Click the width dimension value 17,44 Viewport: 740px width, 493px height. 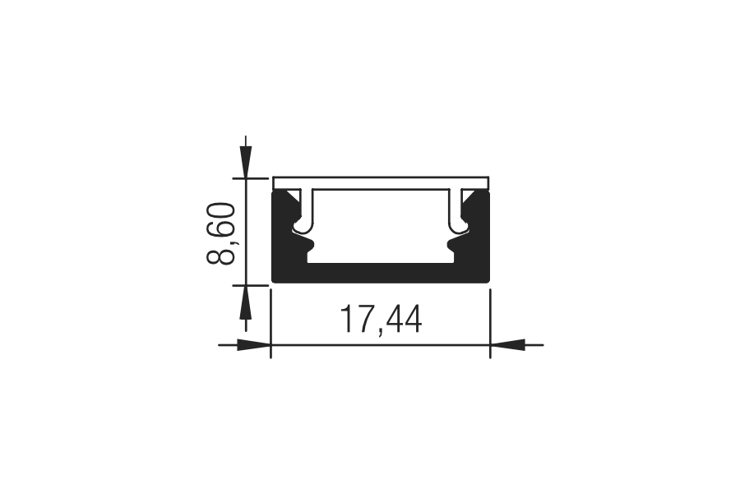point(381,320)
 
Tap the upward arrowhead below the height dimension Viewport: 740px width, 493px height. point(245,302)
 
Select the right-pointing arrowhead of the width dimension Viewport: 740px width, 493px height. point(254,345)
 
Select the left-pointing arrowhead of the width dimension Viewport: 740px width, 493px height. point(508,345)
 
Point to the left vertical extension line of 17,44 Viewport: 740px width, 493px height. point(271,324)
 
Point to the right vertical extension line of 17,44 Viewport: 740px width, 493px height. point(490,324)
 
